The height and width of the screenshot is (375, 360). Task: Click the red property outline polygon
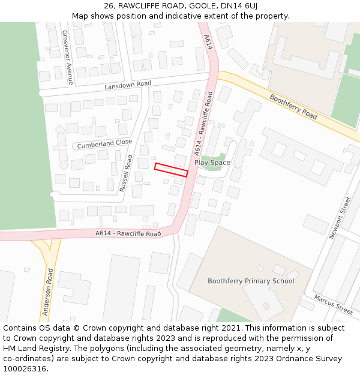tap(171, 170)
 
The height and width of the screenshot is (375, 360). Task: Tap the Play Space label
tap(212, 163)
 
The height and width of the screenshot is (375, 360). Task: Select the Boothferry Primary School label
tap(251, 281)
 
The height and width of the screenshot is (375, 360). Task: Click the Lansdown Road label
tap(128, 85)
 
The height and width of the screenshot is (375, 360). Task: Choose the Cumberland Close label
tap(104, 143)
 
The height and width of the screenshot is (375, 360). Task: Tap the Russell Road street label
tap(126, 173)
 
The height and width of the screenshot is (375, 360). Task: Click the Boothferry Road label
tap(293, 106)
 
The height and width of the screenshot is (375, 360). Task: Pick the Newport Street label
tap(339, 218)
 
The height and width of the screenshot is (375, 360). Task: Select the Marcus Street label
tap(333, 304)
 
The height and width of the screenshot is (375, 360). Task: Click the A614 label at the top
tap(208, 42)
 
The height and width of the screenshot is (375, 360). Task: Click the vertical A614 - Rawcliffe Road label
tap(203, 124)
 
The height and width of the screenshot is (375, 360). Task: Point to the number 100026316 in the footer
tap(25, 369)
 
